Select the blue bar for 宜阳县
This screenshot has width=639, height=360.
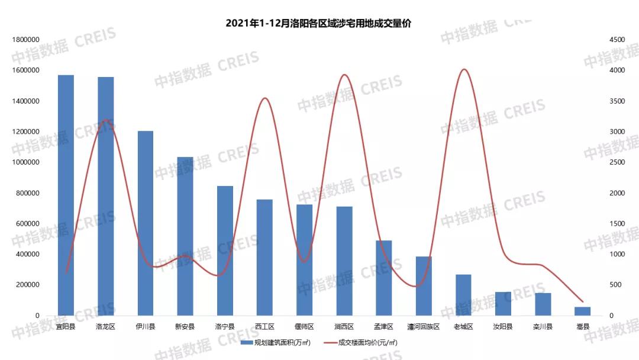pos(66,195)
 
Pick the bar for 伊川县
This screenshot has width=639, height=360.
pos(146,223)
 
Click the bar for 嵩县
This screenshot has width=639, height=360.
pos(583,311)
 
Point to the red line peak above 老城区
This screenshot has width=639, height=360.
pos(464,69)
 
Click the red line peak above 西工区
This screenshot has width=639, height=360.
pos(264,98)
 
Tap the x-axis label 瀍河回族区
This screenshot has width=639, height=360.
pos(424,326)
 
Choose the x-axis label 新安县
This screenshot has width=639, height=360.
pos(185,326)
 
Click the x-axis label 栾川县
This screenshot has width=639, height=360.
pos(543,326)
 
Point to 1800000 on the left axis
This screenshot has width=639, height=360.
pos(26,40)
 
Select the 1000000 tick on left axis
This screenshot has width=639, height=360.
pos(26,162)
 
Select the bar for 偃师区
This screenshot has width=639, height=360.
pos(304,260)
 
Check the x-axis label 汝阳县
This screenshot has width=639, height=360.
pos(503,326)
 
